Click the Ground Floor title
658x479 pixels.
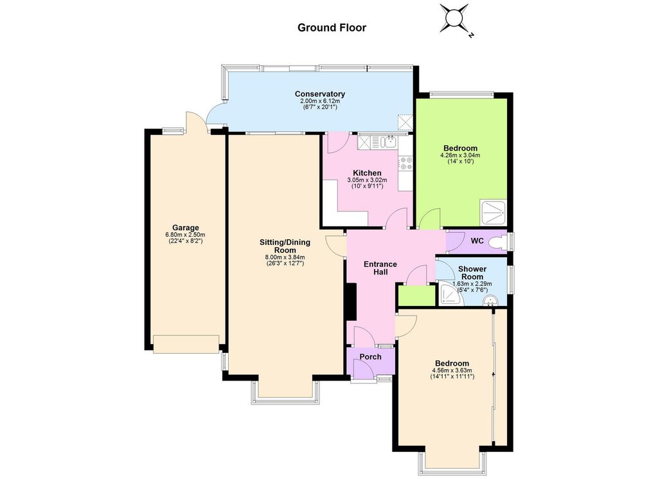[x=332, y=28]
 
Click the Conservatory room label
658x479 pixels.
[x=320, y=94]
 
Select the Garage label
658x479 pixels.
[x=186, y=228]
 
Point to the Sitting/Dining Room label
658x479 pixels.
[x=285, y=246]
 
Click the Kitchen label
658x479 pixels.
[x=367, y=173]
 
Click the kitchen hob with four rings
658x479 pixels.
[x=406, y=163]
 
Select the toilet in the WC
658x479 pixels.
[x=499, y=242]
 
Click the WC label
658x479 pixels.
[x=477, y=241]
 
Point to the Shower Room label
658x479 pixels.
[x=472, y=273]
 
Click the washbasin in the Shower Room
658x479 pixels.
[x=489, y=300]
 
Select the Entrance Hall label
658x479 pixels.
[x=380, y=268]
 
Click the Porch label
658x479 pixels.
[x=371, y=357]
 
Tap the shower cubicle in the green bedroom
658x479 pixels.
[x=493, y=213]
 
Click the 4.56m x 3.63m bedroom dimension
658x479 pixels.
[x=452, y=371]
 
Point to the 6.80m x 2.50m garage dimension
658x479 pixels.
[x=186, y=235]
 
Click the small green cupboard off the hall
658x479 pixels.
[x=416, y=296]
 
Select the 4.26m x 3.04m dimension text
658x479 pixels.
[x=460, y=156]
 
